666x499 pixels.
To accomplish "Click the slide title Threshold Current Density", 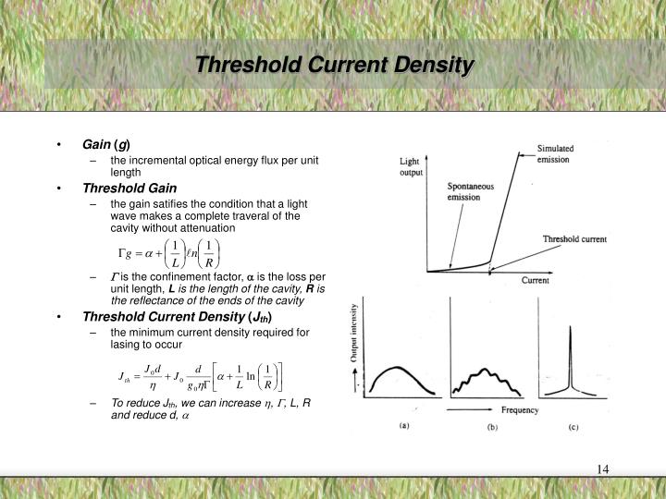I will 334,66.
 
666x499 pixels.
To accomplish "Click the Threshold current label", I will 573,239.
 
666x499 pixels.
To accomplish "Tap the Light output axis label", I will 412,166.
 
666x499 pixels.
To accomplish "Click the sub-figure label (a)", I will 405,428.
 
